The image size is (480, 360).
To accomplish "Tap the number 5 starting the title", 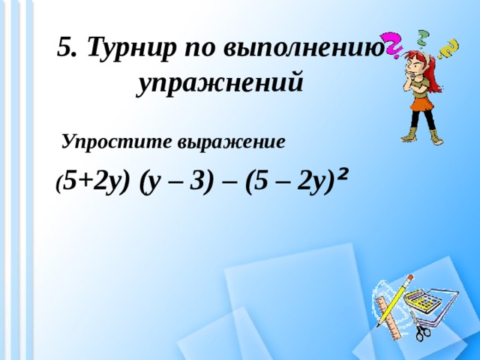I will (x=65, y=49).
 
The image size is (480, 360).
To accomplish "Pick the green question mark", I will (x=424, y=35).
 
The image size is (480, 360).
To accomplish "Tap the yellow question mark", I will (x=450, y=46).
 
